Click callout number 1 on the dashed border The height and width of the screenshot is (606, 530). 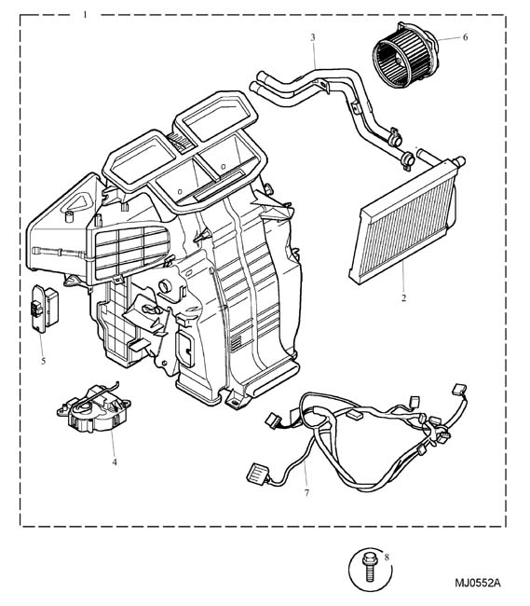[x=85, y=15]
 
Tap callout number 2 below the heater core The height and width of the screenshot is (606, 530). [x=403, y=298]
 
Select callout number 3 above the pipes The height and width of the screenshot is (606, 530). [x=313, y=37]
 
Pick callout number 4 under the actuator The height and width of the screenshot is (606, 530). [x=115, y=461]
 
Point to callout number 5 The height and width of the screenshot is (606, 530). [x=43, y=361]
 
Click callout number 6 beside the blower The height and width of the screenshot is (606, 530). [x=465, y=37]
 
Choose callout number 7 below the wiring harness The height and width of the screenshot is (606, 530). [x=306, y=493]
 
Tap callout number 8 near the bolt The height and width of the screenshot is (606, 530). [x=387, y=558]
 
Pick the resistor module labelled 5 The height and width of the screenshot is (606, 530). [x=45, y=309]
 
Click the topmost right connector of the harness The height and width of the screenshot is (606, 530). [x=458, y=389]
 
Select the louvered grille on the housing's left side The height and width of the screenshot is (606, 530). [x=130, y=251]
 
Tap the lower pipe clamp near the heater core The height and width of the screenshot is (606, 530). [x=407, y=159]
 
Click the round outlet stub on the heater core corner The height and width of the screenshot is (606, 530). [x=460, y=161]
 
